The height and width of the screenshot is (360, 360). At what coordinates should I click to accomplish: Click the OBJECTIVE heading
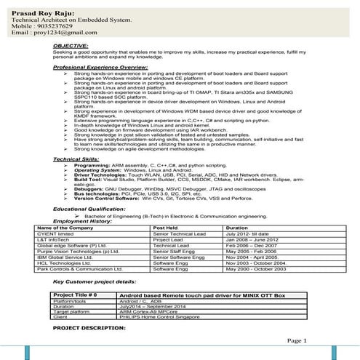click(x=71, y=46)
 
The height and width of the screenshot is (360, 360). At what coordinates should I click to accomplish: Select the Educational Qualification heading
click(x=94, y=209)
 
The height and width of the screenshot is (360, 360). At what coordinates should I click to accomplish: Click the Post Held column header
click(x=168, y=228)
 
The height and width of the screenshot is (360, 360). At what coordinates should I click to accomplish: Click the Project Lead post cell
click(x=168, y=241)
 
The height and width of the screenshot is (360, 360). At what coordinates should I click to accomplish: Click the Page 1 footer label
click(x=297, y=340)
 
